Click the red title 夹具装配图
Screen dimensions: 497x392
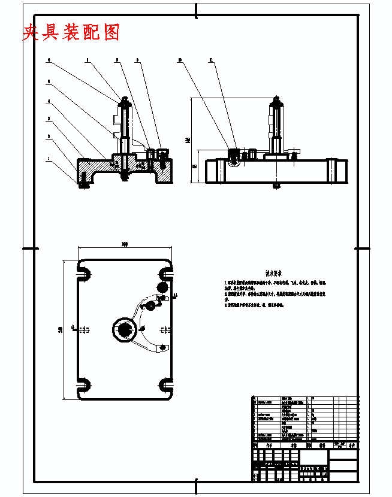click(71, 32)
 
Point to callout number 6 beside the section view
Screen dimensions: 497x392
click(49, 60)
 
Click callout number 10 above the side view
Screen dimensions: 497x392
click(179, 60)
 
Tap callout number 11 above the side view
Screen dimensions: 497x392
click(210, 60)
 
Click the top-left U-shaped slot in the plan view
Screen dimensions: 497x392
click(84, 273)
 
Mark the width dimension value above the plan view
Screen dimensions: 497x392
click(125, 244)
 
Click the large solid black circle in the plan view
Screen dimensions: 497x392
click(164, 287)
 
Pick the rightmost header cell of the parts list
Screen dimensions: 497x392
click(352, 446)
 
